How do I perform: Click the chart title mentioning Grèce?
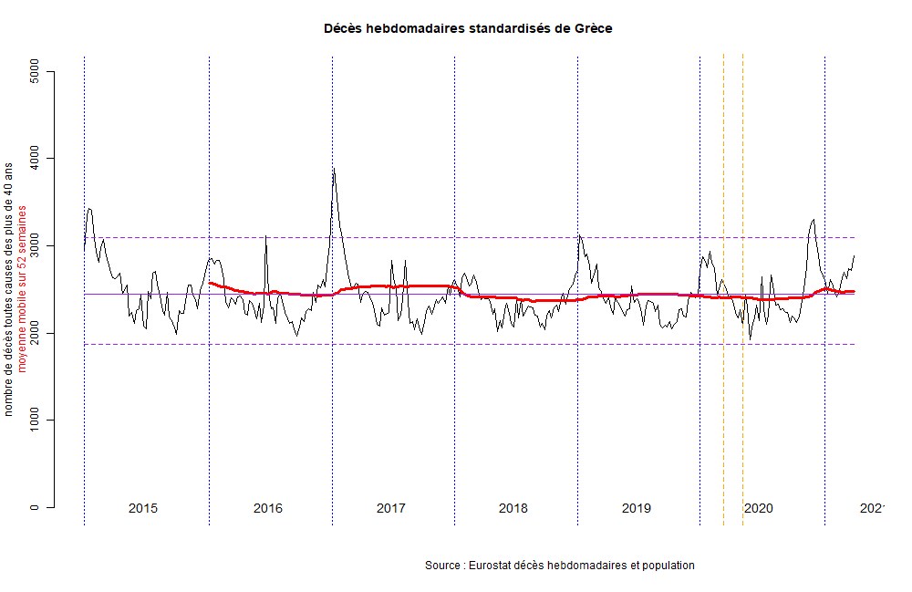[x=468, y=28]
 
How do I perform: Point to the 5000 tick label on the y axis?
[x=36, y=71]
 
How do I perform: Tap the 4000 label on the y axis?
[x=36, y=159]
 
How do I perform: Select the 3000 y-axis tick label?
[x=36, y=246]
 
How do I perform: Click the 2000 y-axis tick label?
[x=36, y=333]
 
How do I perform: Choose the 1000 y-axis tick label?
[x=36, y=421]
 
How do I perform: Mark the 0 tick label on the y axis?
[x=36, y=507]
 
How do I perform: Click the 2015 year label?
[x=143, y=508]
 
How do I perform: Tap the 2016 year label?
[x=267, y=508]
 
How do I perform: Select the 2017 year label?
[x=390, y=508]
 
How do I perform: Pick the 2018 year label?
[x=513, y=508]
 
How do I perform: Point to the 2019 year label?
[x=637, y=508]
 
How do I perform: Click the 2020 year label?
[x=759, y=508]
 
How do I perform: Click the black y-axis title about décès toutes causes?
[x=9, y=289]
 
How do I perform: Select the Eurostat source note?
[x=559, y=566]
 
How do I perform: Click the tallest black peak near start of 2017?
[x=334, y=169]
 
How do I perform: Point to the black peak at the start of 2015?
[x=88, y=209]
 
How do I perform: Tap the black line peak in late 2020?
[x=813, y=219]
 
